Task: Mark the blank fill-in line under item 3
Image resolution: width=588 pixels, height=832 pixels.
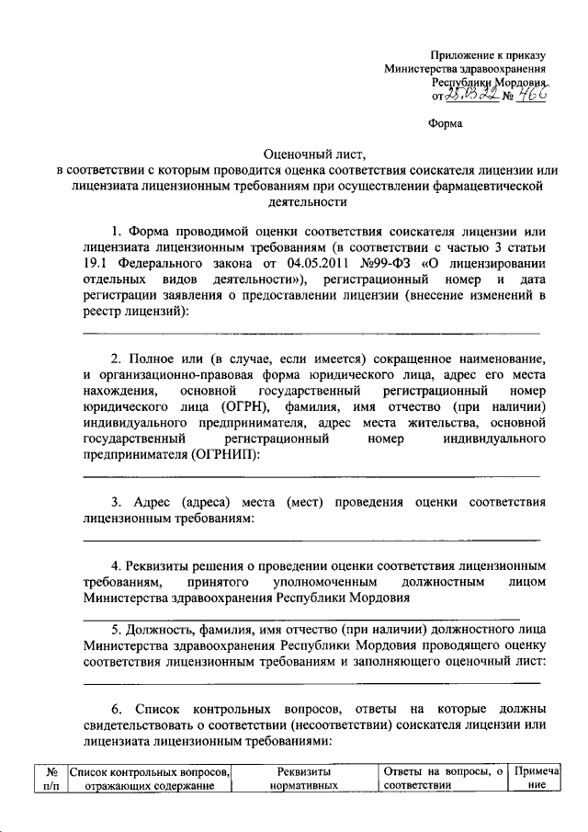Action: tap(311, 541)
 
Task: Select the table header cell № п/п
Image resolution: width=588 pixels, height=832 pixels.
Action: tap(52, 779)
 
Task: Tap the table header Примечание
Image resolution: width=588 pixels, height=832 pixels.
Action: tap(532, 779)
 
